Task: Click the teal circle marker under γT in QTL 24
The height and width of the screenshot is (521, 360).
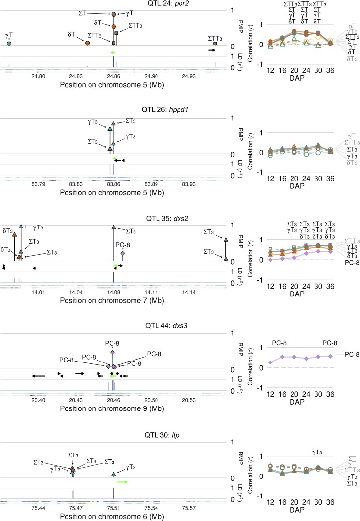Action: click(x=9, y=44)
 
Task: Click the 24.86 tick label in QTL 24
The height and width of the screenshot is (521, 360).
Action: click(x=113, y=76)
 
